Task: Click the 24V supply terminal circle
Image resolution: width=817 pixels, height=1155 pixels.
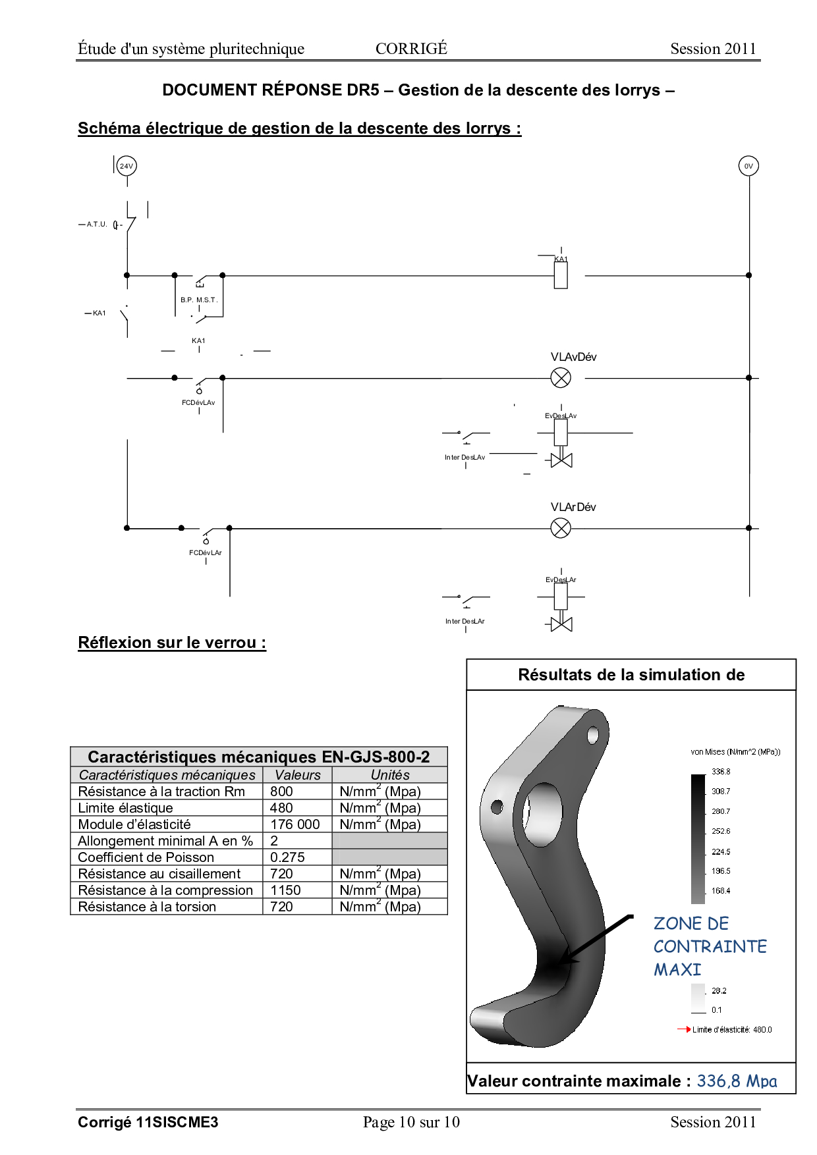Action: click(x=127, y=166)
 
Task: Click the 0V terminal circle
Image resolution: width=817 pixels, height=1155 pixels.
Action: click(x=748, y=166)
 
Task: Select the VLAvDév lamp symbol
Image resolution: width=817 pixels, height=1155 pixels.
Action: click(x=561, y=378)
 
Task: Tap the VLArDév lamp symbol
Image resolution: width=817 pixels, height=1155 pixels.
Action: click(x=561, y=528)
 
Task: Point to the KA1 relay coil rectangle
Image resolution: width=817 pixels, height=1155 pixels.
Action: click(x=561, y=275)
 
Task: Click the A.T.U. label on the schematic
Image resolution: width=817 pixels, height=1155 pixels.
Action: click(x=97, y=225)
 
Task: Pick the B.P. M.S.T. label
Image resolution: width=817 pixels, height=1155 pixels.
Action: click(x=198, y=300)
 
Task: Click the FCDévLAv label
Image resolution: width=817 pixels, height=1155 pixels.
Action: click(x=198, y=403)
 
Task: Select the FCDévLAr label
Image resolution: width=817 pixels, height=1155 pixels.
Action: click(x=206, y=553)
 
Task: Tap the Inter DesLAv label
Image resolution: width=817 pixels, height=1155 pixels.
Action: click(x=465, y=458)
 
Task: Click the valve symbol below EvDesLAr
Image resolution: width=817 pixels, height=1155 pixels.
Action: click(x=561, y=624)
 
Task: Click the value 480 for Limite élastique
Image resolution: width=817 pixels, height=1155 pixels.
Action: click(x=281, y=808)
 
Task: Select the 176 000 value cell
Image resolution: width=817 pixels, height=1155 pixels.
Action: click(x=295, y=824)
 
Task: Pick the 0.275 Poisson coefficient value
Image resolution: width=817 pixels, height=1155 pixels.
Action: click(x=287, y=857)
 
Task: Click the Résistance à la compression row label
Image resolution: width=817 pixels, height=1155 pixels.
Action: click(x=165, y=890)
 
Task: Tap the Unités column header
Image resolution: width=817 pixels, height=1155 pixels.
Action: click(x=390, y=775)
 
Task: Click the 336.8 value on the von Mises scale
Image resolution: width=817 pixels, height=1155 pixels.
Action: click(x=721, y=772)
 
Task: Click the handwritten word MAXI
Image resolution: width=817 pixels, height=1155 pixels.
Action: click(x=677, y=970)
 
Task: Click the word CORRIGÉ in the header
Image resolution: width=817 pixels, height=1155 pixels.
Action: click(x=411, y=49)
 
